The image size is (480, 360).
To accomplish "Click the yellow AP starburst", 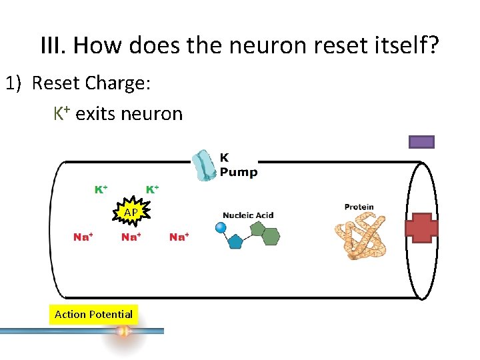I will (131, 212).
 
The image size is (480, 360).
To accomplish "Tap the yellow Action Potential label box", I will (93, 314).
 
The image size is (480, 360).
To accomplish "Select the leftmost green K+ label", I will (101, 189).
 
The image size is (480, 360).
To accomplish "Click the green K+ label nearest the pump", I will (153, 189).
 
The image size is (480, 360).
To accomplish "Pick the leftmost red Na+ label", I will (83, 237).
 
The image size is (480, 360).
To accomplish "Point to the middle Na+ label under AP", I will (131, 237).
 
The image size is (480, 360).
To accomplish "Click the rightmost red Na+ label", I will (179, 237).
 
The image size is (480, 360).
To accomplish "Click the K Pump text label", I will (238, 165).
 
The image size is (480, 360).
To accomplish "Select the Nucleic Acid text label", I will (248, 215).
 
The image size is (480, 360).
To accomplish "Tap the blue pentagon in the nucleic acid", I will (235, 240).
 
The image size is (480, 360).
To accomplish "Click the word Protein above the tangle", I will (359, 207).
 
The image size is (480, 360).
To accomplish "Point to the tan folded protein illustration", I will (360, 237).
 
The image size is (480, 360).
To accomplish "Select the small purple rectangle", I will (421, 141).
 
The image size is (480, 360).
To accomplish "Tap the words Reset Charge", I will (91, 83).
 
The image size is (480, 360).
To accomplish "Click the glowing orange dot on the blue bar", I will (123, 331).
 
